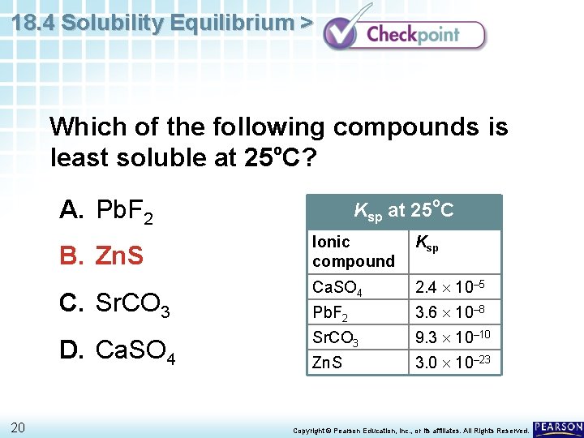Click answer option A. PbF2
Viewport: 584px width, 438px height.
[x=106, y=212]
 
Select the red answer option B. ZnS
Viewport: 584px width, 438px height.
[x=101, y=257]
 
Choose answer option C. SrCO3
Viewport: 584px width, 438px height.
[x=114, y=305]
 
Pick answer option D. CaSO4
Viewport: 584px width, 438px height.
[x=118, y=351]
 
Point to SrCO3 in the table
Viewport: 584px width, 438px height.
[x=335, y=337]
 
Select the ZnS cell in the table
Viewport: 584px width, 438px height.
[x=327, y=363]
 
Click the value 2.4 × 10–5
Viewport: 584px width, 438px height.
[x=451, y=286]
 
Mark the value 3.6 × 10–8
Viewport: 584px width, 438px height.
[x=451, y=312]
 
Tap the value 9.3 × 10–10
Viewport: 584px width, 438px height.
[x=453, y=337]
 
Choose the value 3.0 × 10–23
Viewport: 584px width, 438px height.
[x=453, y=362]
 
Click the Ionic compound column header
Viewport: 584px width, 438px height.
[x=353, y=251]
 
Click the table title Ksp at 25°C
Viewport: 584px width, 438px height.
[x=403, y=211]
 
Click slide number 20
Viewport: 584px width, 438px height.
[x=18, y=427]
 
